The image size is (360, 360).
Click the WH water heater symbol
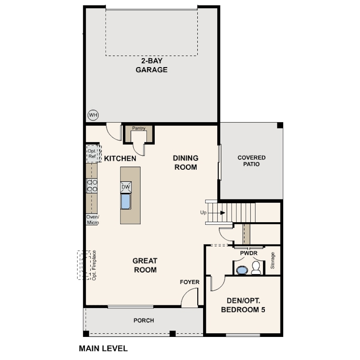pyautogui.click(x=93, y=115)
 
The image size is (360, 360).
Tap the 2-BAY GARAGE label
pyautogui.click(x=151, y=65)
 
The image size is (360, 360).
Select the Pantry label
pyautogui.click(x=139, y=128)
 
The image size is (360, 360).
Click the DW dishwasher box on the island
pyautogui.click(x=126, y=187)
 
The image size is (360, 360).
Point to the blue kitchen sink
pyautogui.click(x=126, y=201)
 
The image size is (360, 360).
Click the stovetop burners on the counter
pyautogui.click(x=92, y=185)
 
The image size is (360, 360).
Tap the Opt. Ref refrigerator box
pyautogui.click(x=93, y=153)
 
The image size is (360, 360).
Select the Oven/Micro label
pyautogui.click(x=92, y=220)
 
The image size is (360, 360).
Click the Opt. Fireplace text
pyautogui.click(x=94, y=265)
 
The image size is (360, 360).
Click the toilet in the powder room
pyautogui.click(x=256, y=268)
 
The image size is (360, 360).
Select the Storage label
pyautogui.click(x=273, y=261)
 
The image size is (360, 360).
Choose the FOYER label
pyautogui.click(x=189, y=282)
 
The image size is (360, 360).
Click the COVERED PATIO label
pyautogui.click(x=251, y=161)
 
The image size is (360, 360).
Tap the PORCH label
pyautogui.click(x=144, y=320)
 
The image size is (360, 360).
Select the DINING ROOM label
pyautogui.click(x=185, y=163)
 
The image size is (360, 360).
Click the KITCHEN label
pyautogui.click(x=120, y=158)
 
